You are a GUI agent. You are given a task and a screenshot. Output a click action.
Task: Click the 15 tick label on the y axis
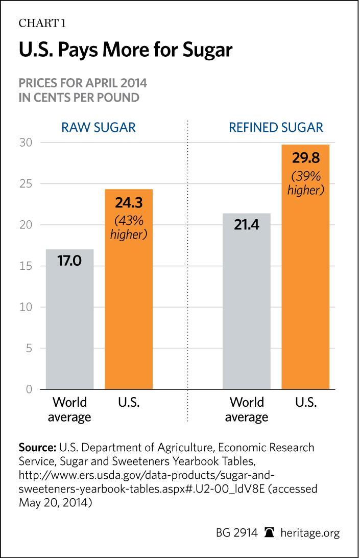pos(27,266)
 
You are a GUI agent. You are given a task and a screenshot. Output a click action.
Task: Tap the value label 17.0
pos(69,265)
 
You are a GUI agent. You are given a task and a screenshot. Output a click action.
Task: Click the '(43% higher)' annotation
pos(129,229)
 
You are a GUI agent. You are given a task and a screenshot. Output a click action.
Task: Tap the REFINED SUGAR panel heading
pos(276,127)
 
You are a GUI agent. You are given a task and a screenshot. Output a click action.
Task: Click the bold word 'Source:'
pos(37,448)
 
